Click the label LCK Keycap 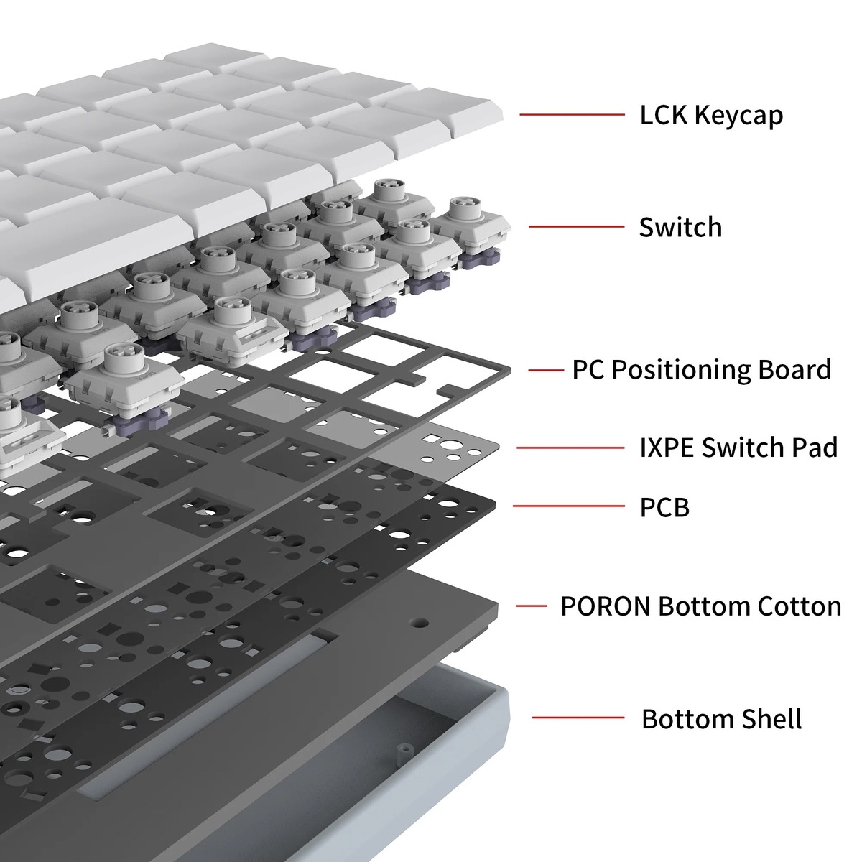(x=711, y=115)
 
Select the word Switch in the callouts (x=680, y=227)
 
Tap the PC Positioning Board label (x=701, y=369)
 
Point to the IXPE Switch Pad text (x=738, y=448)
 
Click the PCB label (x=664, y=507)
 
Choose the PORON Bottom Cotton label (x=700, y=606)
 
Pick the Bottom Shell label (x=721, y=718)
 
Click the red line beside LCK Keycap (x=572, y=114)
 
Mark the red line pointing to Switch (x=576, y=227)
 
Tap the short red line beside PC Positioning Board (x=545, y=370)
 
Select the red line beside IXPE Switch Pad (x=570, y=448)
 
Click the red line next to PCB (x=568, y=506)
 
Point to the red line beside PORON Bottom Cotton (x=531, y=606)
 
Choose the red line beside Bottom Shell (x=578, y=717)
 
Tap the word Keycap (x=739, y=115)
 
